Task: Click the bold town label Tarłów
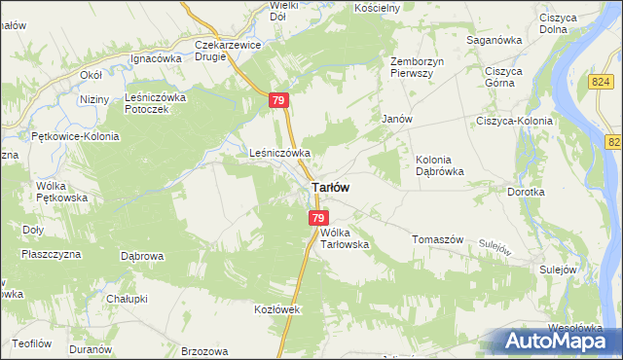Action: point(330,187)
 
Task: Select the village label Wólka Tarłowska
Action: point(345,238)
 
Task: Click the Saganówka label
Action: point(495,40)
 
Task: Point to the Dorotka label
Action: point(526,192)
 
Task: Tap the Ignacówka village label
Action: point(157,58)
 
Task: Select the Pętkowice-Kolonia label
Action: point(75,136)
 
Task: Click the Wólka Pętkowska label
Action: point(62,191)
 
